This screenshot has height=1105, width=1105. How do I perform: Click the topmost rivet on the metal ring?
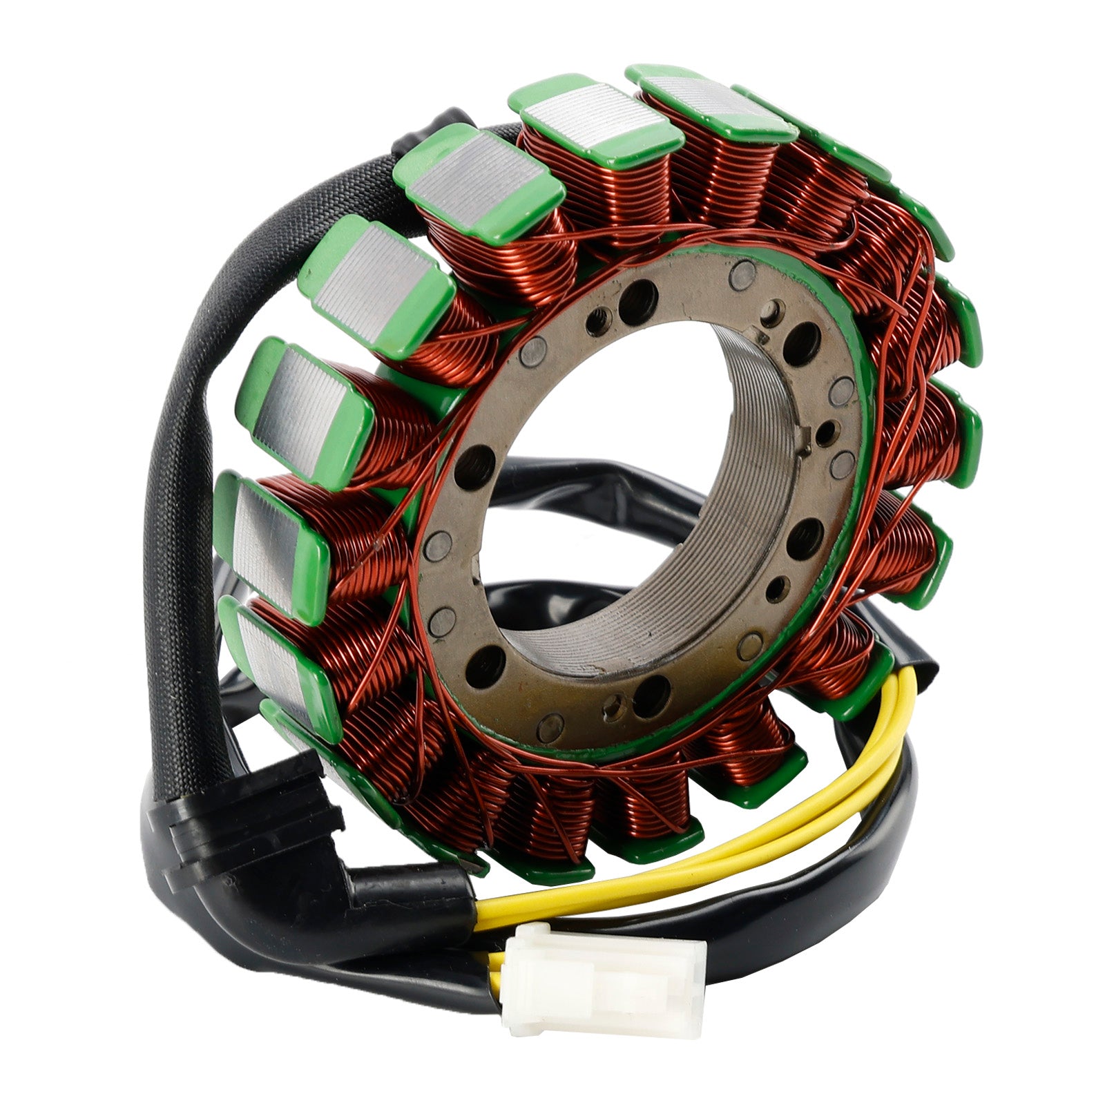point(744,273)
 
